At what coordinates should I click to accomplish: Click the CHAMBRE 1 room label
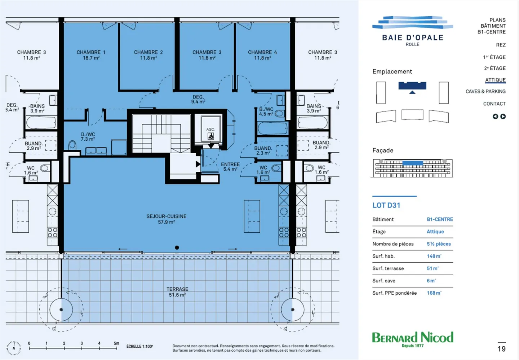[x=91, y=55]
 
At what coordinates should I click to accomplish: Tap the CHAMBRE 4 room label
[x=262, y=55]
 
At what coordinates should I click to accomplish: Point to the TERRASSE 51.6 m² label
[x=177, y=292]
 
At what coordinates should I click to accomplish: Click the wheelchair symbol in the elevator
[x=210, y=136]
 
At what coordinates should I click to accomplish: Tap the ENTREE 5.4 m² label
[x=230, y=167]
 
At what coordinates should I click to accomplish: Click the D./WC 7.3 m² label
[x=88, y=137]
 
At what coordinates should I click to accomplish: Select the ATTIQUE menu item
[x=495, y=80]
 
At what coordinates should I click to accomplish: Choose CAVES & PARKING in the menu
[x=485, y=91]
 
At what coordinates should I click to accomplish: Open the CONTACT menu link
[x=494, y=104]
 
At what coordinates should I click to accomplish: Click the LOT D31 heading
[x=386, y=205]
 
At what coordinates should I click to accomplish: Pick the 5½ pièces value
[x=439, y=244]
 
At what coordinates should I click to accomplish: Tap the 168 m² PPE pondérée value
[x=434, y=293]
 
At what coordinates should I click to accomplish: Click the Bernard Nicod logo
[x=413, y=339]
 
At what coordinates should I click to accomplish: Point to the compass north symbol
[x=14, y=348]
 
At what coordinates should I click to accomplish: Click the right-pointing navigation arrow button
[x=503, y=117]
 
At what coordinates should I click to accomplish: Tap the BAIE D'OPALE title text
[x=413, y=38]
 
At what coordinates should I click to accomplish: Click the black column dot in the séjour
[x=177, y=248]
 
